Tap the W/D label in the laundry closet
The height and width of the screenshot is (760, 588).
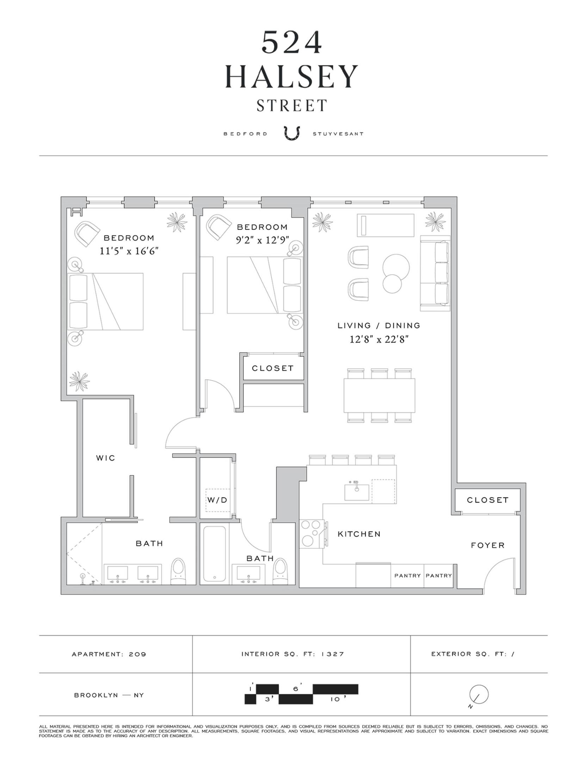(x=217, y=500)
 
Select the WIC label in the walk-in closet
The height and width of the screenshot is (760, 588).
(x=106, y=458)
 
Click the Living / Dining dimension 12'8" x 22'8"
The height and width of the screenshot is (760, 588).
(x=379, y=340)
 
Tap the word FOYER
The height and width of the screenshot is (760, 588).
(x=488, y=545)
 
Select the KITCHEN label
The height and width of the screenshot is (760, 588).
(x=359, y=534)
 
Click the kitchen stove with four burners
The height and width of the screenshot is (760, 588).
(x=310, y=534)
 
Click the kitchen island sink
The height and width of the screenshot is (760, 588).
(x=357, y=492)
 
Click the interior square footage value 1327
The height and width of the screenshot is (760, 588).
(x=332, y=654)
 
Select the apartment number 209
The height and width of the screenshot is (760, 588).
(x=137, y=654)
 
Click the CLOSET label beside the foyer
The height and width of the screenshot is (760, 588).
(x=488, y=500)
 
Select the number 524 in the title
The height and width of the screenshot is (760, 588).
(x=292, y=42)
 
